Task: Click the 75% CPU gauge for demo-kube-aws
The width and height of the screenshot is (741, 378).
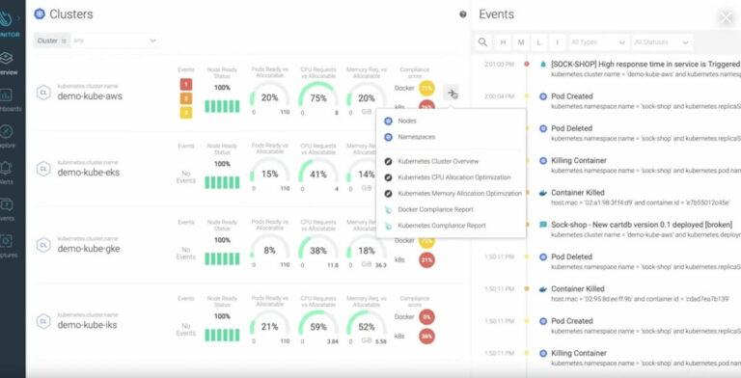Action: click(x=317, y=97)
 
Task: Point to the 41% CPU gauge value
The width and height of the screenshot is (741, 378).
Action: click(x=317, y=175)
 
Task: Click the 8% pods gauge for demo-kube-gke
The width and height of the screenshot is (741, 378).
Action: click(x=269, y=250)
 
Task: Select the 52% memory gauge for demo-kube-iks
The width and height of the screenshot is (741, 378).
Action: click(x=367, y=327)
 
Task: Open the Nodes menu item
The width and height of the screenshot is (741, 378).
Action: click(x=407, y=121)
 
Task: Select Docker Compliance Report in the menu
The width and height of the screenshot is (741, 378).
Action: click(x=436, y=208)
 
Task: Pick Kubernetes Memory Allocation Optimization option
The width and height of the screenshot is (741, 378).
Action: click(x=459, y=193)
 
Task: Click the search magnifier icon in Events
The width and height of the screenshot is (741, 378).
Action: click(x=483, y=42)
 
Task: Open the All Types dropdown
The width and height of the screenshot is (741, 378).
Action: click(x=597, y=42)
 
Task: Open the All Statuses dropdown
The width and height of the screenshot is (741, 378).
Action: click(x=661, y=42)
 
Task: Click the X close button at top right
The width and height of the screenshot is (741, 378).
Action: click(x=726, y=16)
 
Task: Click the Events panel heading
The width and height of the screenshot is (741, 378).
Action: click(x=496, y=14)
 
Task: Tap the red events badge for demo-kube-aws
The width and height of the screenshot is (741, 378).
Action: click(x=186, y=84)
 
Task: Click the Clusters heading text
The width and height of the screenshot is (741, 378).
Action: click(x=70, y=14)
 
